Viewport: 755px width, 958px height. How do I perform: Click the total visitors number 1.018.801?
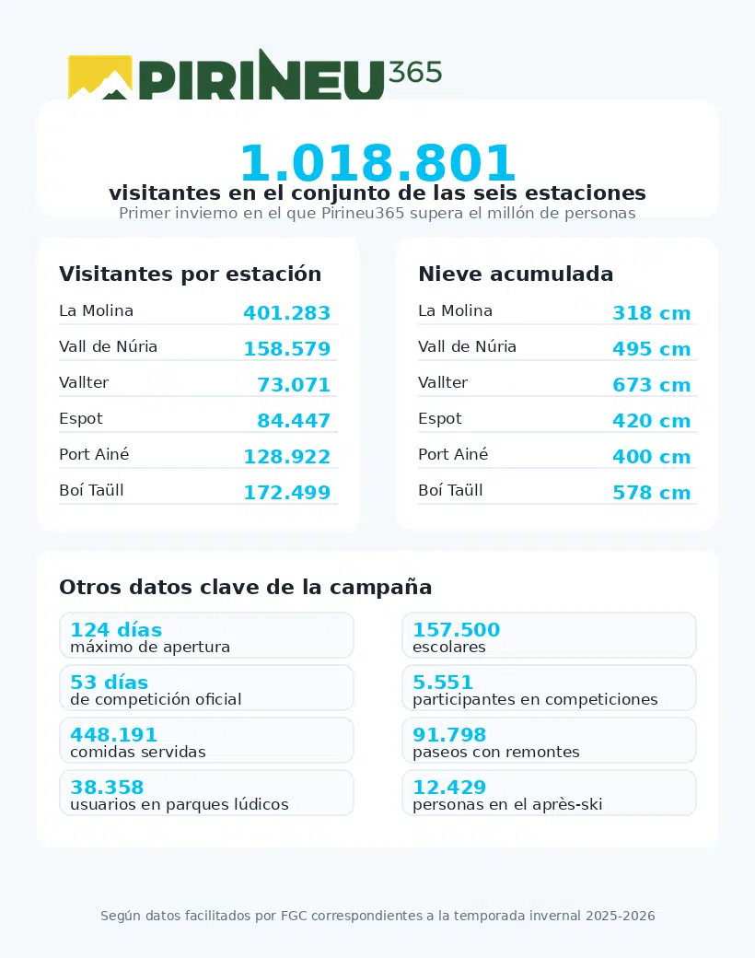[x=377, y=164]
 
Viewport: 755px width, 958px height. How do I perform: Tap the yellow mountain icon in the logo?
[x=100, y=78]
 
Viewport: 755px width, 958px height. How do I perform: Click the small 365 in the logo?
[x=415, y=72]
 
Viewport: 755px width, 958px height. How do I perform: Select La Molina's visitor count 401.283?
[x=286, y=313]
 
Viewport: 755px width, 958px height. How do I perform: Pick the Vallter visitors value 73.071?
[x=293, y=385]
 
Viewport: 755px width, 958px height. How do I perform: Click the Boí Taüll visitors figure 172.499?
[x=286, y=493]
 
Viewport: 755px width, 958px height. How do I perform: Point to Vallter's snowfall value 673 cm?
[x=651, y=385]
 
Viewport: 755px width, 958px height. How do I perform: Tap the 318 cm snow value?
[x=651, y=313]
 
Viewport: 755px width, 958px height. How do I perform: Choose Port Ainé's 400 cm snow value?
[x=651, y=457]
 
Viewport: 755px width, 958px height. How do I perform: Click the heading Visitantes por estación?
[x=190, y=274]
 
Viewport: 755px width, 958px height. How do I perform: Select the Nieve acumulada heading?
[x=516, y=274]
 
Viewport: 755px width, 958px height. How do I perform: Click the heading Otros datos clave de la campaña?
[x=245, y=587]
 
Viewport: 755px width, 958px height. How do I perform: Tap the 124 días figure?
[x=116, y=630]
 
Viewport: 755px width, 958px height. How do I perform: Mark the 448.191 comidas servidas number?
[x=114, y=735]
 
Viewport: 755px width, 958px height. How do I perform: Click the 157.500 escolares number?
[x=456, y=630]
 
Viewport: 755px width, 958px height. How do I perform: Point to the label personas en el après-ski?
[x=507, y=804]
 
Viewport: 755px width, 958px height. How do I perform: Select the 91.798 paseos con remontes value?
[x=449, y=735]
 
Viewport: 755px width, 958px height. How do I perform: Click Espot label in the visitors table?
[x=81, y=418]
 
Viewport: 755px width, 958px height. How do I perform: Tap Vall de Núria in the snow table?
[x=467, y=346]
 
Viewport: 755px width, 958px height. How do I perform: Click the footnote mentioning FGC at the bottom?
[x=377, y=916]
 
